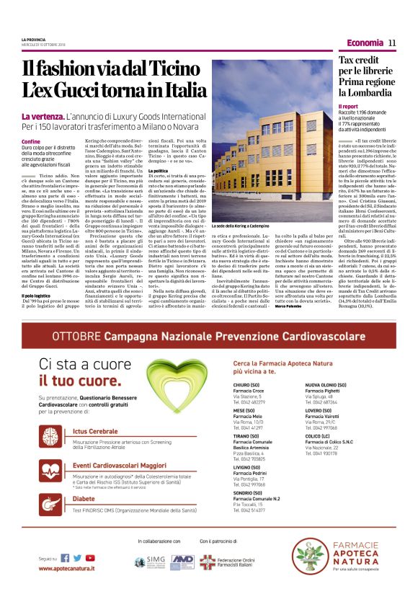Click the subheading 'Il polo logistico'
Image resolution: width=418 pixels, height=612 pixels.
click(37, 295)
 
